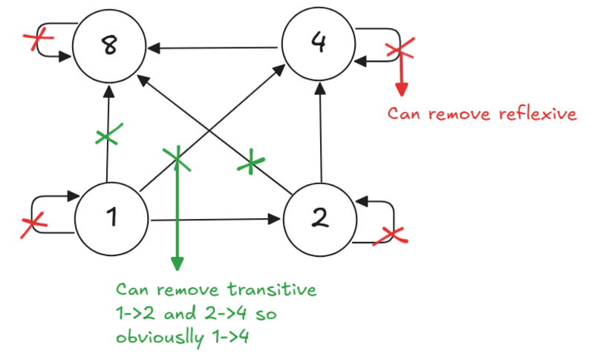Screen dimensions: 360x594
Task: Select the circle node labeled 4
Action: (x=319, y=45)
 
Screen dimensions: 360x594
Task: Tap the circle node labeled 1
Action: (x=113, y=218)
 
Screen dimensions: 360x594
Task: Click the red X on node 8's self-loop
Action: (x=31, y=41)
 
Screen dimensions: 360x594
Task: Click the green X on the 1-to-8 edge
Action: (x=107, y=136)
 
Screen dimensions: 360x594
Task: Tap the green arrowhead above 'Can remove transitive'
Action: (x=177, y=264)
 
